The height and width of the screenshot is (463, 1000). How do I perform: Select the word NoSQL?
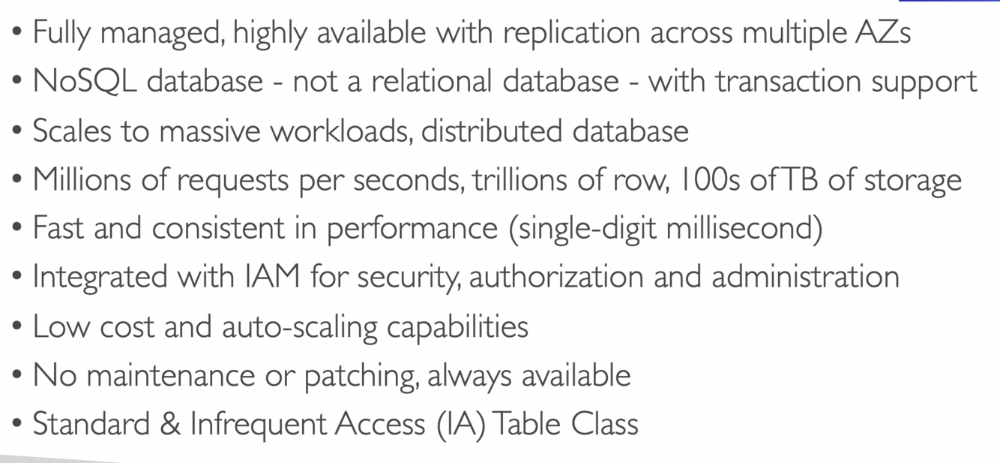tap(85, 81)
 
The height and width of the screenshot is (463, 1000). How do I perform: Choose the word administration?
tap(805, 277)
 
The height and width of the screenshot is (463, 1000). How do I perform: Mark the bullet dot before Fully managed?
tap(17, 34)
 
